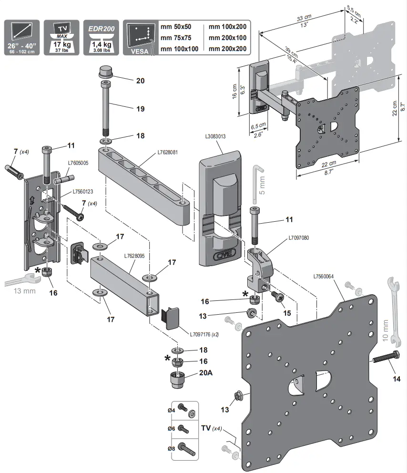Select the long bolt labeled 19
coord(104,109)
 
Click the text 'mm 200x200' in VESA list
coord(227,49)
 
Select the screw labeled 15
coord(277,296)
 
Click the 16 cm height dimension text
coord(235,91)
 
